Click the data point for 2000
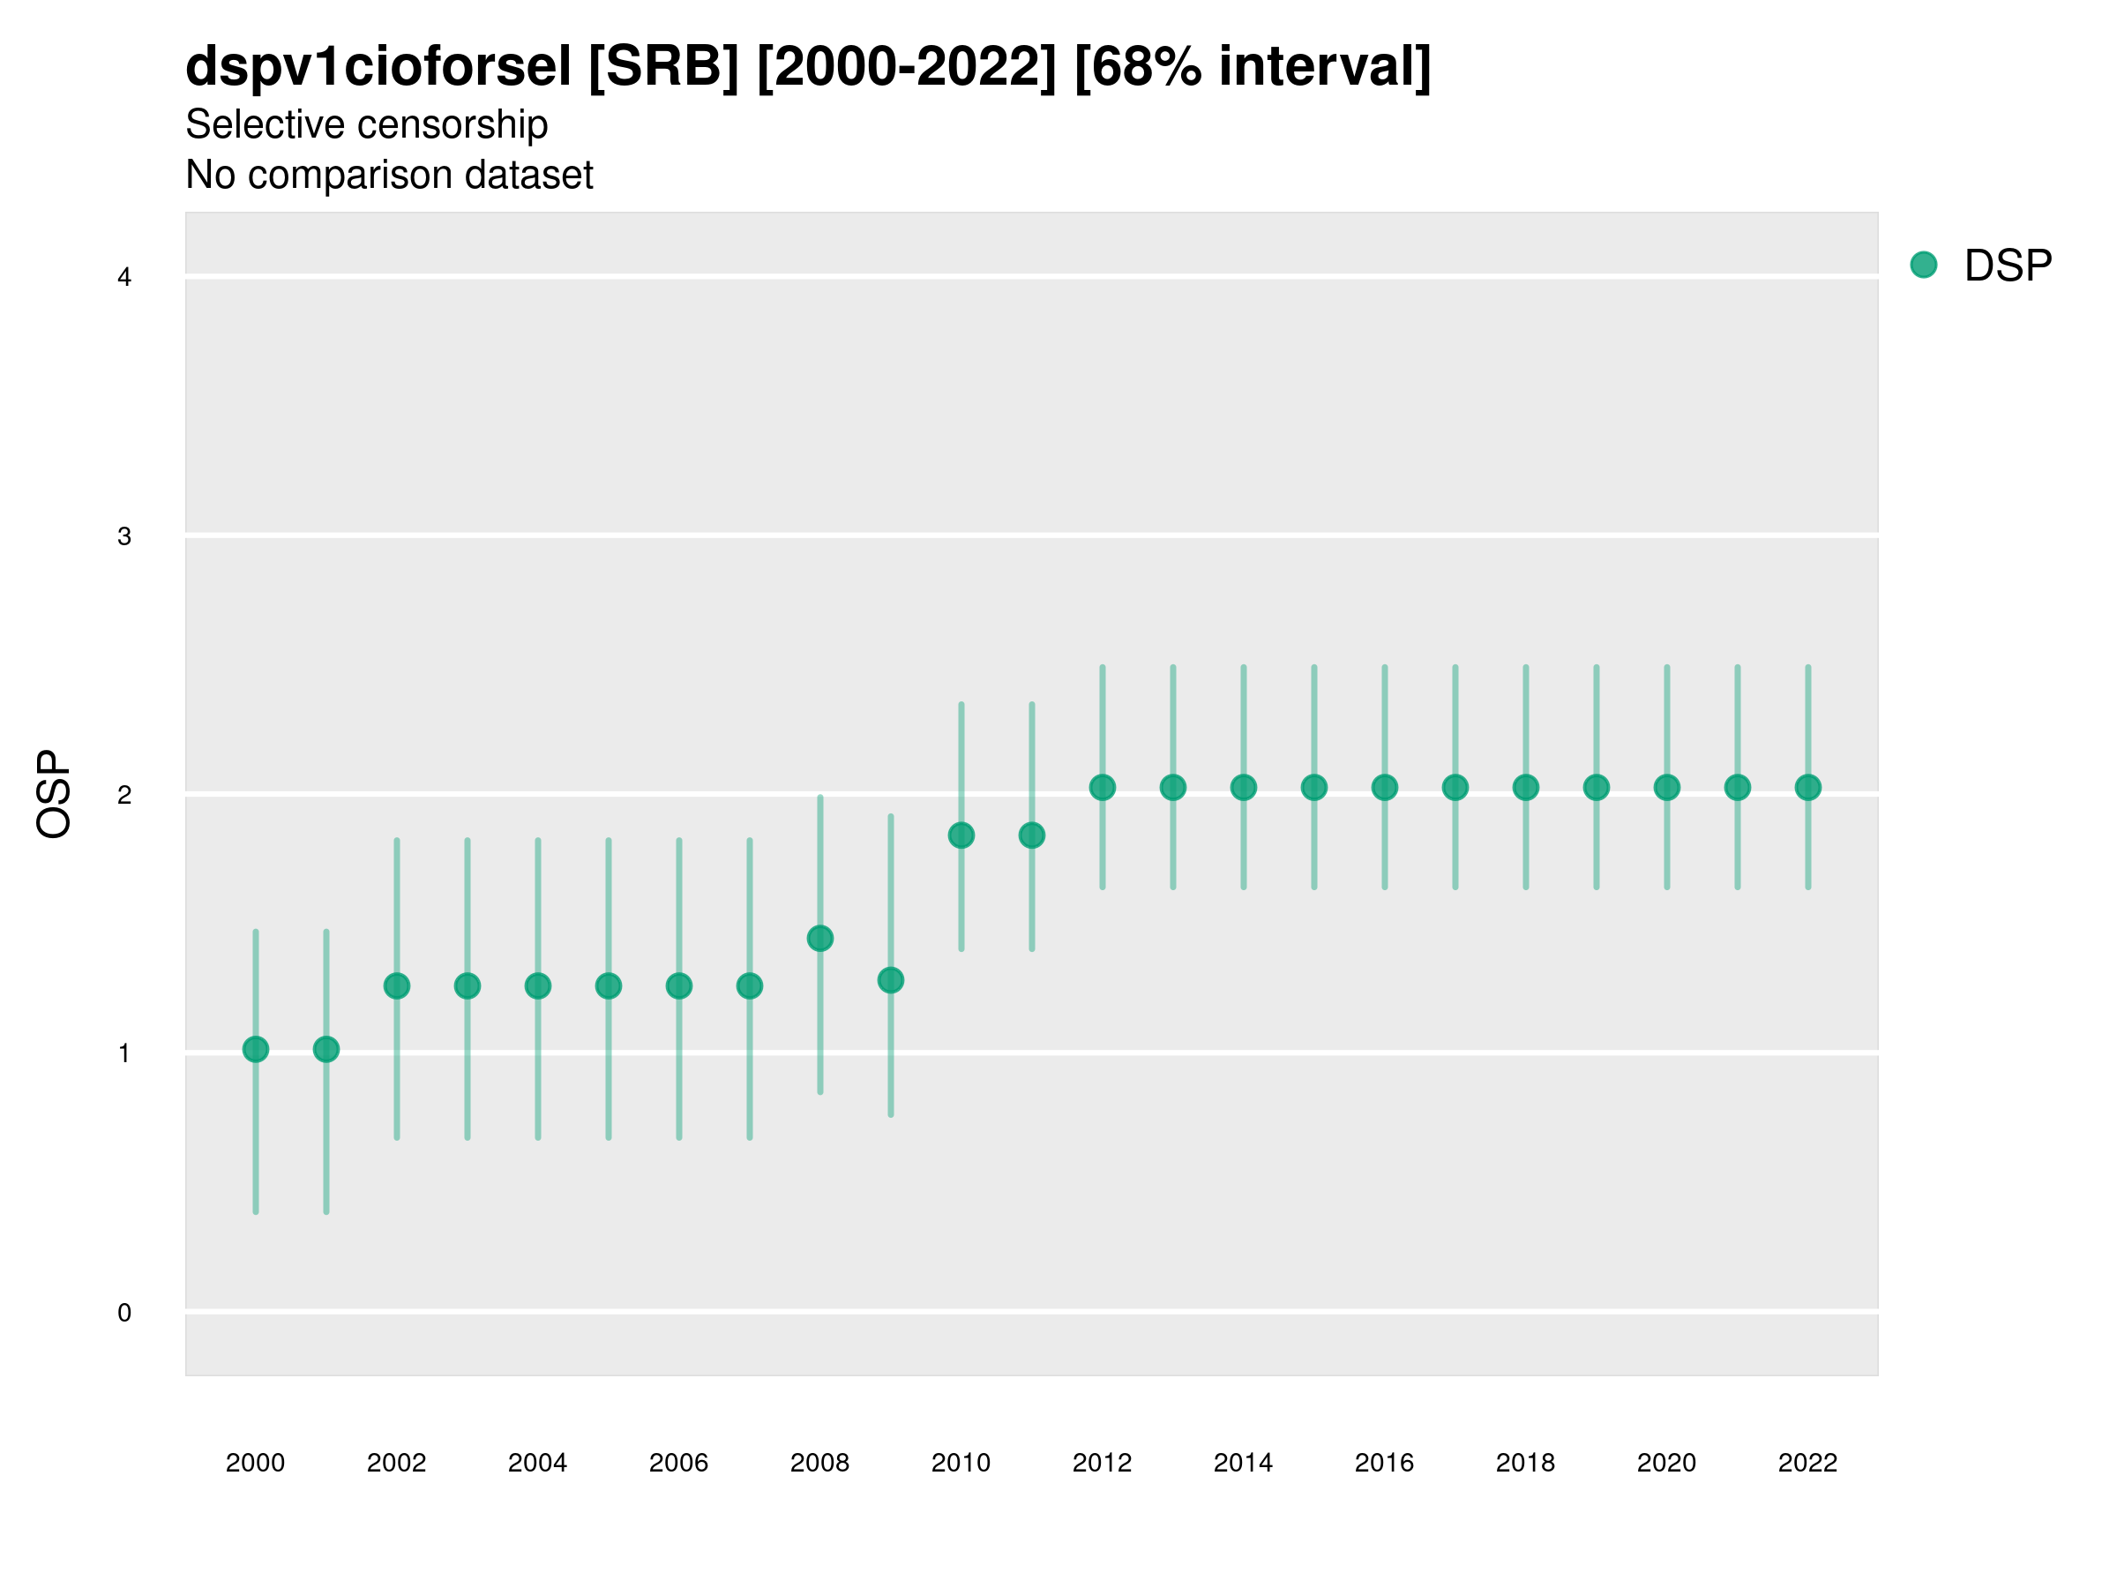(x=256, y=1049)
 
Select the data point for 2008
(x=820, y=938)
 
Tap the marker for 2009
(x=891, y=980)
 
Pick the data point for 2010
(x=961, y=835)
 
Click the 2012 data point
(x=1103, y=788)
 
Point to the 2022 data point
(x=1808, y=788)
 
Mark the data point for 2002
(x=397, y=986)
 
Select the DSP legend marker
(x=1924, y=266)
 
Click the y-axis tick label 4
(x=124, y=278)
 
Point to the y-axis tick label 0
(x=124, y=1313)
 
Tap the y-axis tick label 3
(x=124, y=536)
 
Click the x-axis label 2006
(x=678, y=1463)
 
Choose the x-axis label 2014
(x=1243, y=1463)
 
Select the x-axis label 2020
(x=1666, y=1463)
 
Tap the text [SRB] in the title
(x=663, y=67)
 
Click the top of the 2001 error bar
(x=326, y=932)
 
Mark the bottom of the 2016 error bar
(x=1385, y=888)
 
